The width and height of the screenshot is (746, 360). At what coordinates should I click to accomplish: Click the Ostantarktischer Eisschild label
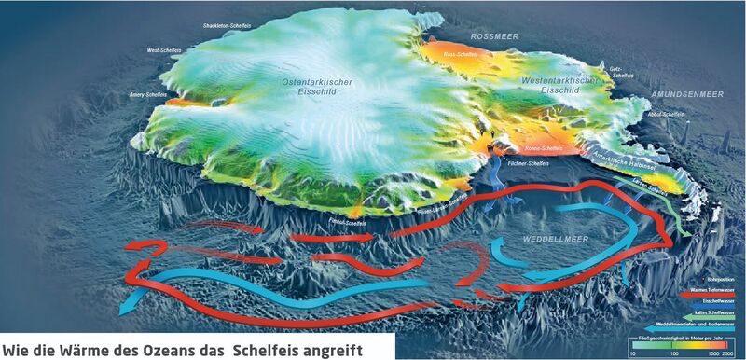click(316, 88)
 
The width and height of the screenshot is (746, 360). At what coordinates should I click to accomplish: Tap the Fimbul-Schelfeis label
click(346, 223)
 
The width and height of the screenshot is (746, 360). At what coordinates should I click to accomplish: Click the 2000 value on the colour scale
click(732, 354)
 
